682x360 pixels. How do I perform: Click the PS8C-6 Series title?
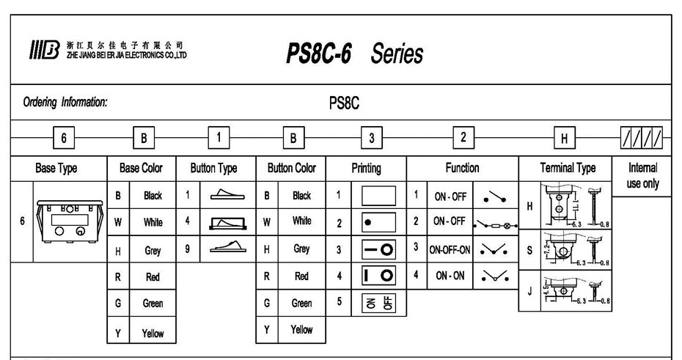pos(355,53)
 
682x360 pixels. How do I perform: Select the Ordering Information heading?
pos(65,103)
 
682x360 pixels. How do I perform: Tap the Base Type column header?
pos(56,169)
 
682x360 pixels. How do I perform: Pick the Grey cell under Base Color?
pos(153,250)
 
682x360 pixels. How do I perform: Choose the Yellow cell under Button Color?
pos(301,330)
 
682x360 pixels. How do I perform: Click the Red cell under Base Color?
pos(153,278)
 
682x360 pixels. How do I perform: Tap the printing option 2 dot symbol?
pos(375,222)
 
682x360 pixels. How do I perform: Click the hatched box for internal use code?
pos(641,138)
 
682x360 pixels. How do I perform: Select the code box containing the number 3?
pos(372,138)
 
